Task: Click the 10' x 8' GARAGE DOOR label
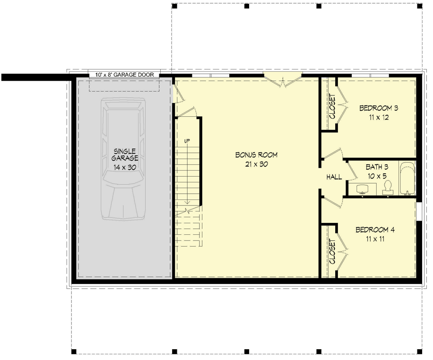(124, 75)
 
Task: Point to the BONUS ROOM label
(256, 155)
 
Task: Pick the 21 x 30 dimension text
(256, 164)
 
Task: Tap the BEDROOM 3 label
(378, 108)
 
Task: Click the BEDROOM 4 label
(375, 230)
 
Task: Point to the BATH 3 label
(377, 167)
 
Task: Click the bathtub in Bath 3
(407, 179)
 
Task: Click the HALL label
(334, 177)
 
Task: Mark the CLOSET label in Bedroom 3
(331, 106)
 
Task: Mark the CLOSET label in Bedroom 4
(331, 251)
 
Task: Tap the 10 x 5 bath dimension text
(377, 176)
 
